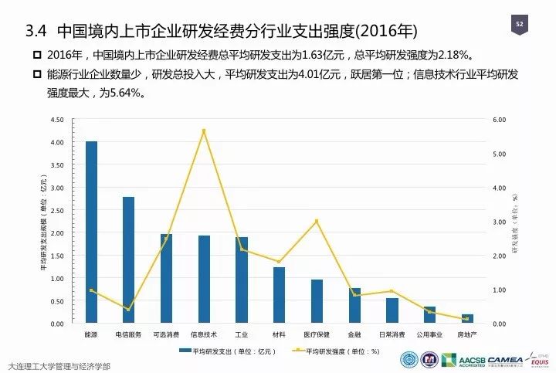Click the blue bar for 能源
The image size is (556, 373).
91,232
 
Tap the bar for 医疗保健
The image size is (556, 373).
317,301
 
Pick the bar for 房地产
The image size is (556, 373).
467,318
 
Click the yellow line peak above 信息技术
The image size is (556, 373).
205,131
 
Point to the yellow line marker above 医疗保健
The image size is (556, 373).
317,222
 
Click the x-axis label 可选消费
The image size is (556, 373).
166,334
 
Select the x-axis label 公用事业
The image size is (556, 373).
429,334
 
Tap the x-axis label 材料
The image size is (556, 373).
280,334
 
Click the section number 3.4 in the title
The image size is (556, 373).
37,32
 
